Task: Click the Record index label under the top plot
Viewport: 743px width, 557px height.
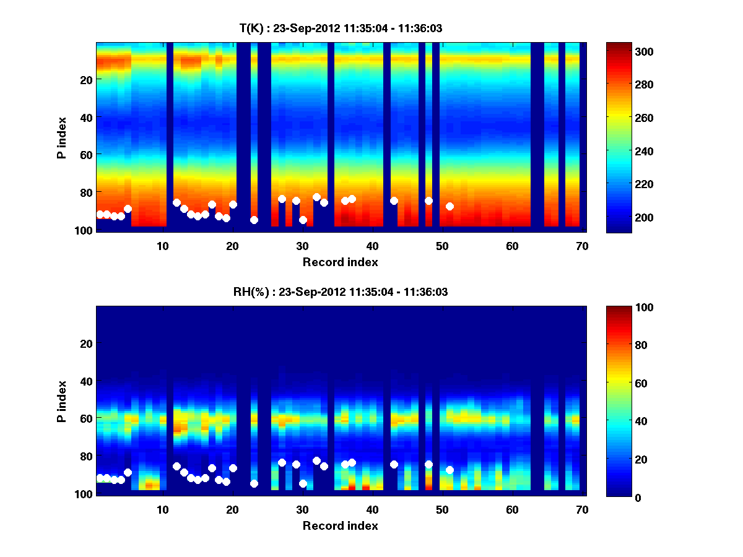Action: point(340,262)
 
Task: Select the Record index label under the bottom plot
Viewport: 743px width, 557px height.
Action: point(340,525)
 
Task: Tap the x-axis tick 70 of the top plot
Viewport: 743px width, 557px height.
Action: point(581,246)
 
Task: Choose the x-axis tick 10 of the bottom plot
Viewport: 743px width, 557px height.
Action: point(162,509)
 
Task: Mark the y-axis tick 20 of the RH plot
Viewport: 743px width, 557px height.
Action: point(86,343)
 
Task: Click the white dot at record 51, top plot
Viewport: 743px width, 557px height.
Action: point(450,206)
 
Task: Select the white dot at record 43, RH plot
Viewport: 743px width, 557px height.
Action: point(394,464)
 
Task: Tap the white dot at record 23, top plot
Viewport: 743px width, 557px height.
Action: point(254,220)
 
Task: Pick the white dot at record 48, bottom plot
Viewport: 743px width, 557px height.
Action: point(428,464)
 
